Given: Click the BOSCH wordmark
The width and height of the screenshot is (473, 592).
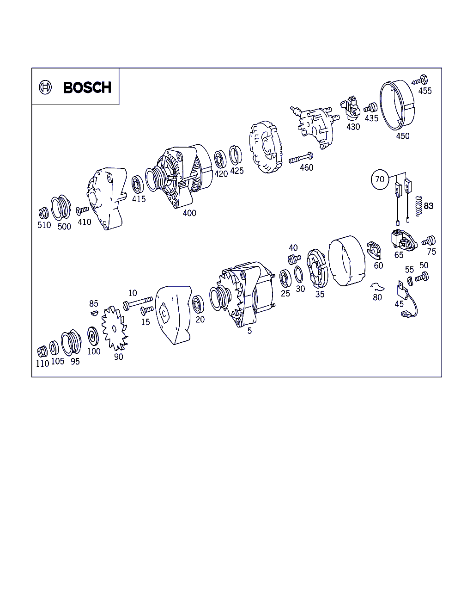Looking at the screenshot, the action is pos(87,87).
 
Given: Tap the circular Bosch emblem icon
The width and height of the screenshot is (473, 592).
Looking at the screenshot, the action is pos(45,87).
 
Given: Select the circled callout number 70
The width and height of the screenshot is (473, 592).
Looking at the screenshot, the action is pos(380,179).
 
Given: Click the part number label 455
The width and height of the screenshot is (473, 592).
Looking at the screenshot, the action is pos(425,91).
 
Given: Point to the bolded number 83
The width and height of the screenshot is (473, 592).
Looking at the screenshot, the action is pos(429,206).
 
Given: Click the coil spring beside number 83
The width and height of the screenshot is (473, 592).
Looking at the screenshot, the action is pos(418,206).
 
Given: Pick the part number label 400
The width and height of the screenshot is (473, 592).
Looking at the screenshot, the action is pos(189,213).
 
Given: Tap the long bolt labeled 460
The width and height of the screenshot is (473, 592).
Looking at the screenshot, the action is pos(301,158).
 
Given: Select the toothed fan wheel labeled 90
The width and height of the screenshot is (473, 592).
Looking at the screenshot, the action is pos(115,328).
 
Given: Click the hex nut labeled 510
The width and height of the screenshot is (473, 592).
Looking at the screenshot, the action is pos(43,213).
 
